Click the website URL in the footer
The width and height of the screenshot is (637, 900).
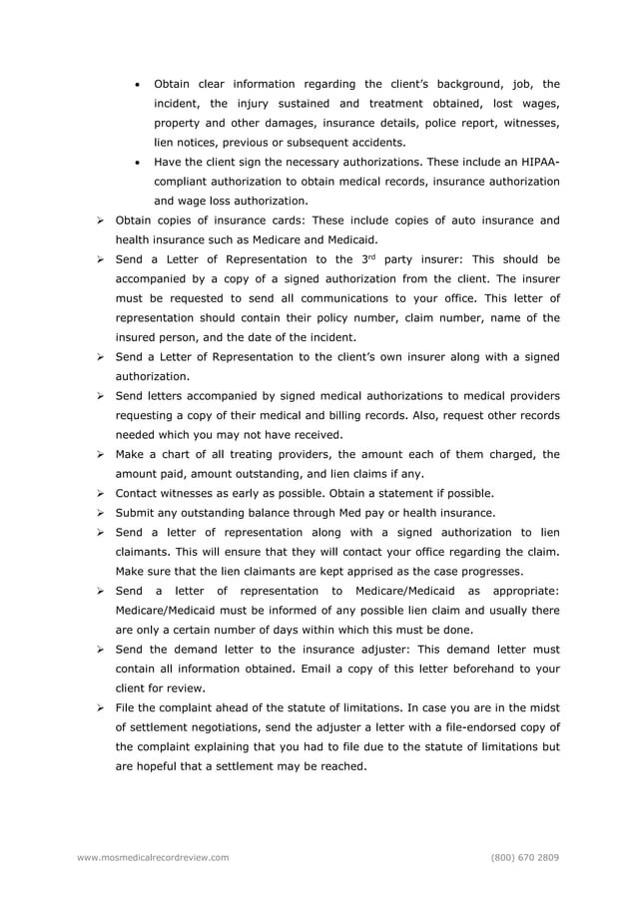[153, 857]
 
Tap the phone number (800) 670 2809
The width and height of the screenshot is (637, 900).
[525, 857]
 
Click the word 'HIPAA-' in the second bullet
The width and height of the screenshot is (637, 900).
[536, 163]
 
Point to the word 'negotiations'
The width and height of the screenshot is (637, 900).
[237, 727]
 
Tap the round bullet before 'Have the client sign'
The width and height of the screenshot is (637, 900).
[138, 163]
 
